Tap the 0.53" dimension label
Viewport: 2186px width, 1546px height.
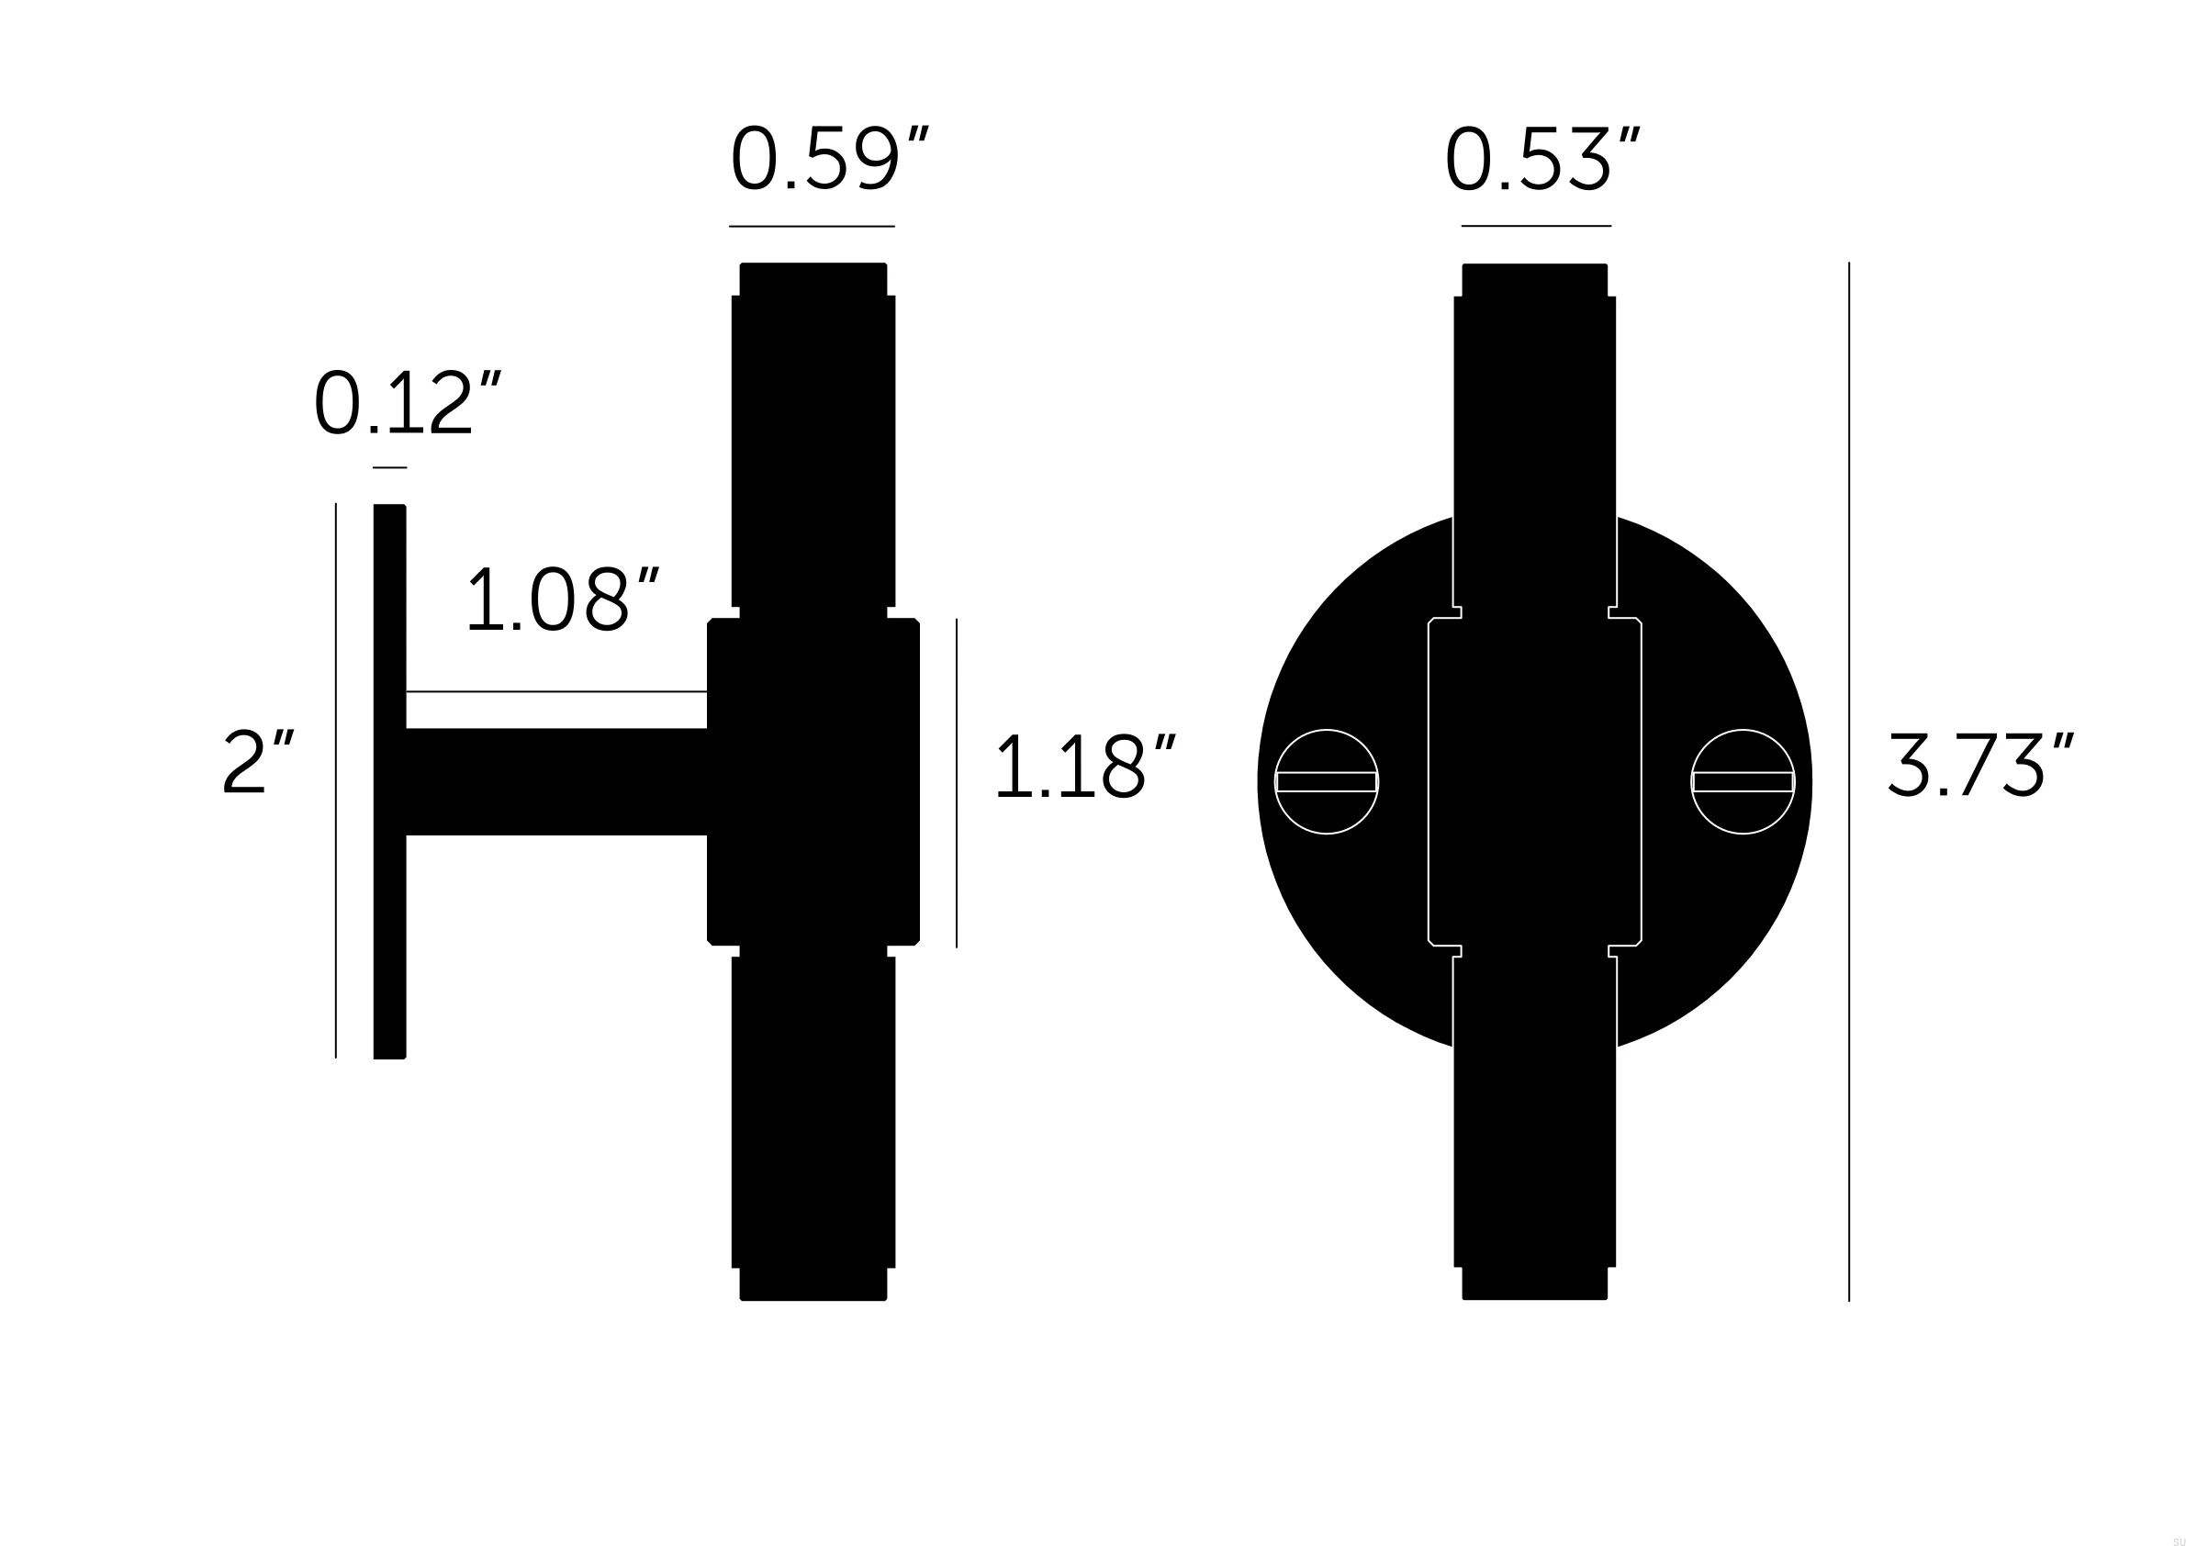pyautogui.click(x=1541, y=160)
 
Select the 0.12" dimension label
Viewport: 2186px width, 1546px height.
pyautogui.click(x=406, y=404)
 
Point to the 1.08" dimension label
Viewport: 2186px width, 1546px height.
pyautogui.click(x=561, y=599)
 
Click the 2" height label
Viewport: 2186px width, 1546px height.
pyautogui.click(x=258, y=762)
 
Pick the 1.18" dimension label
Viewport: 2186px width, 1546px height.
pyautogui.click(x=1084, y=767)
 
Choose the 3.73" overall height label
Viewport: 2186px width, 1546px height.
pyautogui.click(x=1979, y=765)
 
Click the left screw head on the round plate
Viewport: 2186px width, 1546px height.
pyautogui.click(x=1327, y=781)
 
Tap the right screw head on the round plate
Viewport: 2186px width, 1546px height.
pyautogui.click(x=1743, y=781)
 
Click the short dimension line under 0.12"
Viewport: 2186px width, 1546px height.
pyautogui.click(x=389, y=467)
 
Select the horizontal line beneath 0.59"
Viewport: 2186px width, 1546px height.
pyautogui.click(x=812, y=227)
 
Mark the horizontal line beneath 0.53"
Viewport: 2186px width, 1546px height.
pyautogui.click(x=1536, y=226)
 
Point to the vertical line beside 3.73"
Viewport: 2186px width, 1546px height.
pyautogui.click(x=1849, y=780)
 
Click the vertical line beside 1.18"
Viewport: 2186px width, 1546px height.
pyautogui.click(x=956, y=782)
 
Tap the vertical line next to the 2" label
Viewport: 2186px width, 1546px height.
pyautogui.click(x=336, y=780)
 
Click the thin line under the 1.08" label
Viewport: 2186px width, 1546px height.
pyautogui.click(x=556, y=691)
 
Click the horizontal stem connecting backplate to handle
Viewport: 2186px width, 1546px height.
pyautogui.click(x=556, y=781)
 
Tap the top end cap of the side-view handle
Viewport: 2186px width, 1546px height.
pyautogui.click(x=813, y=279)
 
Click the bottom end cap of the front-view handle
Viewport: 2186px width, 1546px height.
pyautogui.click(x=1535, y=1283)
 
